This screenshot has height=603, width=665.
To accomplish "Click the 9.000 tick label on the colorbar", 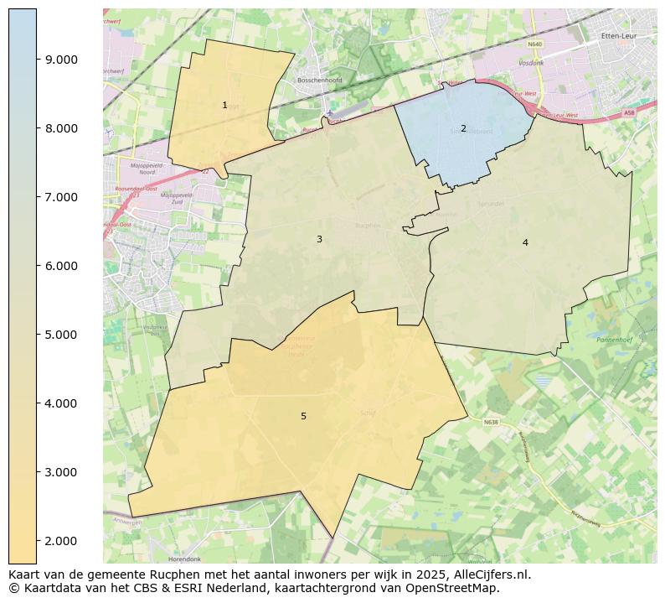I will [61, 60].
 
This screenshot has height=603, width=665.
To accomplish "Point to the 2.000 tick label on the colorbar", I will [61, 541].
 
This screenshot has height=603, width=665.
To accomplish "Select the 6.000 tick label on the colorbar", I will [61, 266].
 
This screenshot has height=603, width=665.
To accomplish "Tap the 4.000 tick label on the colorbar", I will [61, 403].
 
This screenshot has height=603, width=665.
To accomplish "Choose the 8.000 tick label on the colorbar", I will [61, 128].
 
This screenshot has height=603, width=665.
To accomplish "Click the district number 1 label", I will [224, 106].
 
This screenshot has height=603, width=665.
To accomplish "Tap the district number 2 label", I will [463, 128].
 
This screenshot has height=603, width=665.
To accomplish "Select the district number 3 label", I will [319, 240].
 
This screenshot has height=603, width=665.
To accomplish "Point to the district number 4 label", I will [525, 243].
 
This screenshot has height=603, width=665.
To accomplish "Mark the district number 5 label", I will [303, 417].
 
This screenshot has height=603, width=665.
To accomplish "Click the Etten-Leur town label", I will [621, 36].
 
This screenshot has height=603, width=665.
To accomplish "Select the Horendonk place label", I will [184, 559].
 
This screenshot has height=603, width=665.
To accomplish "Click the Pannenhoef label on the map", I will [614, 340].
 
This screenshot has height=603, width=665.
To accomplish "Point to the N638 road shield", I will [490, 422].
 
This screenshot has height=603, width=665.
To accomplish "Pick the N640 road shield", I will [535, 44].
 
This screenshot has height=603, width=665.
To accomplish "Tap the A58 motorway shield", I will [630, 112].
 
